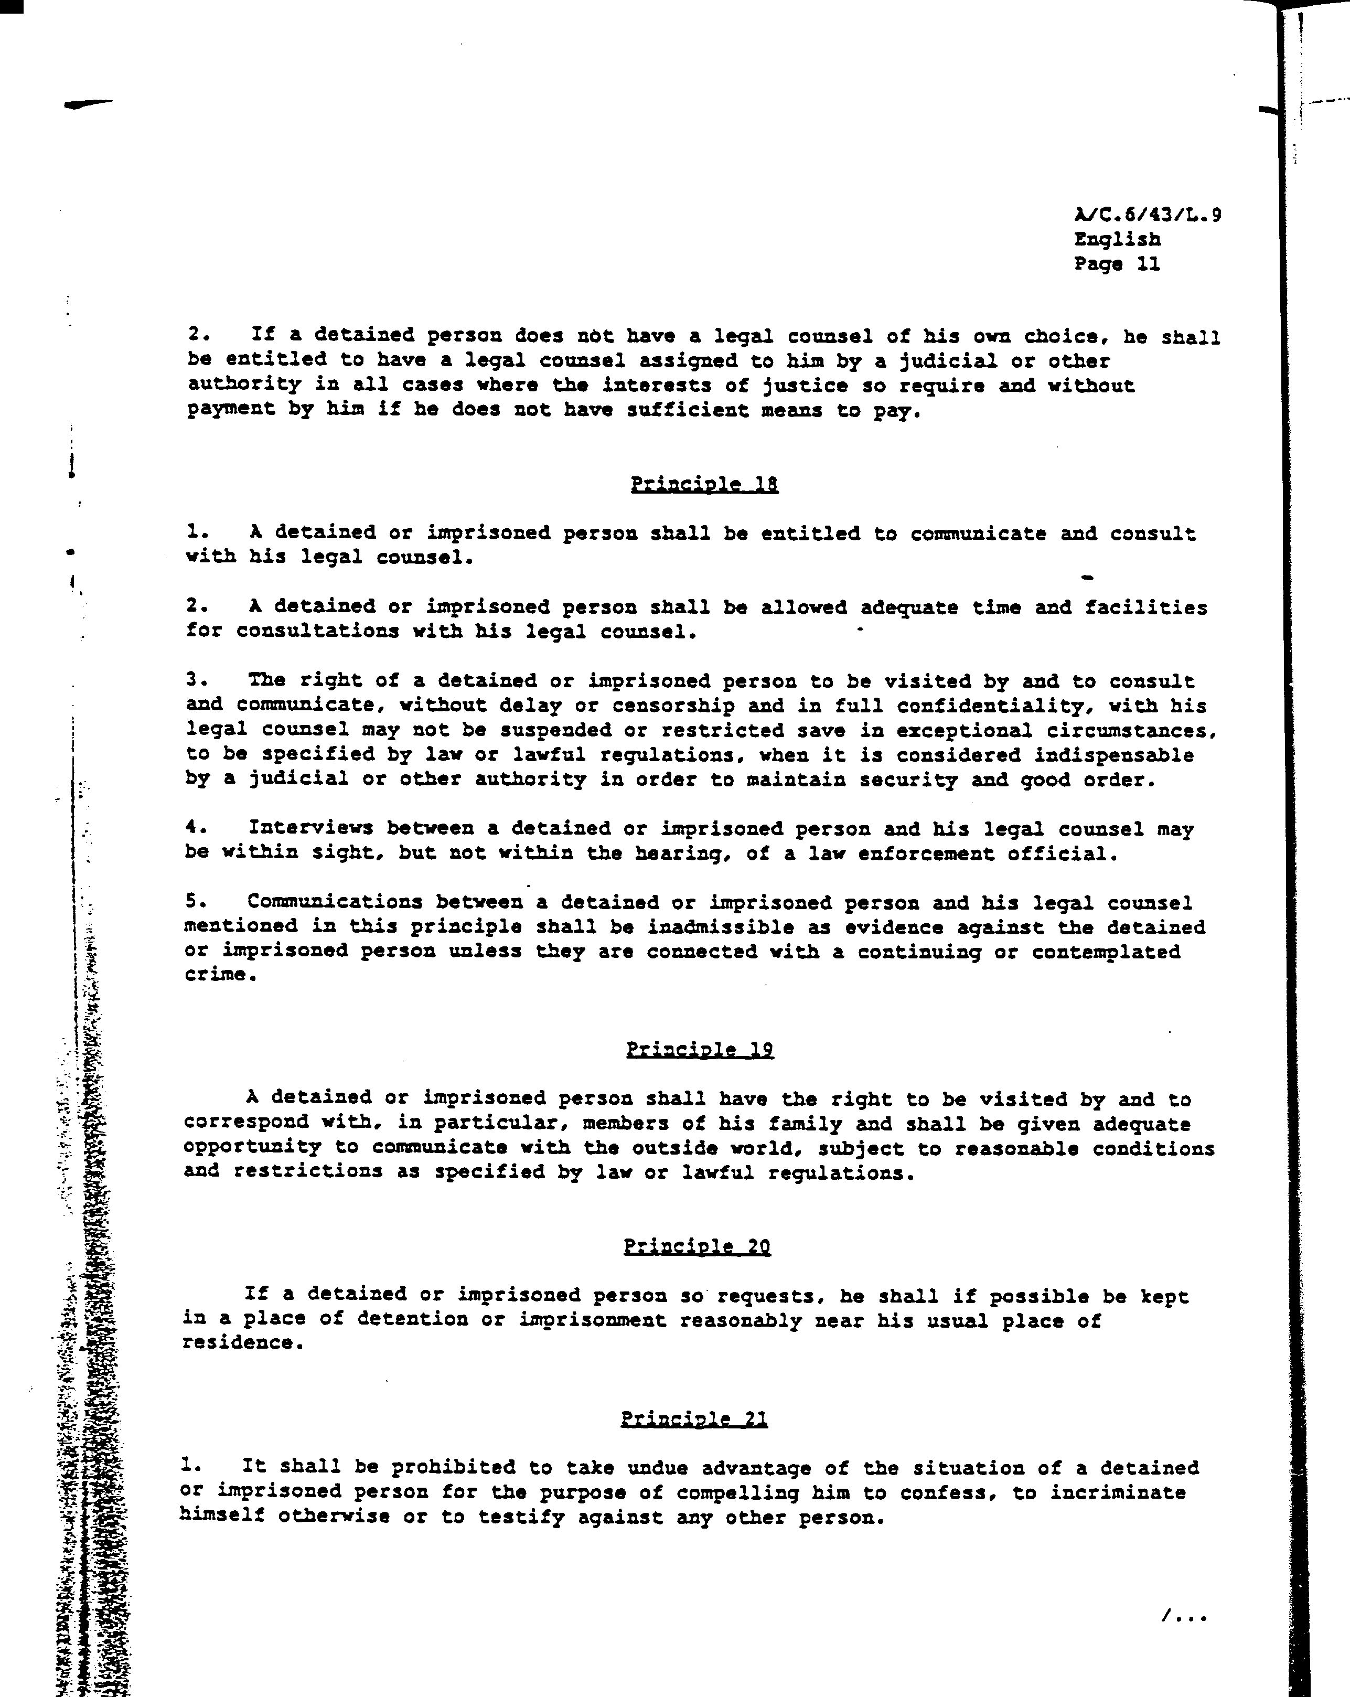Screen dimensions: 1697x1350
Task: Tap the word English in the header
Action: pos(1117,239)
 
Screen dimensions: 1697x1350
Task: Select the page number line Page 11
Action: pos(1117,264)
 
